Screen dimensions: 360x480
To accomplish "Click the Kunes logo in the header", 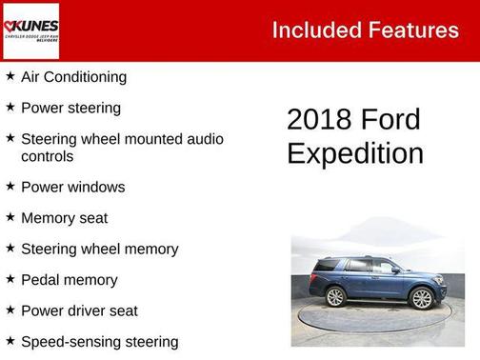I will [30, 30].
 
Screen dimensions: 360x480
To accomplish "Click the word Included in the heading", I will [310, 30].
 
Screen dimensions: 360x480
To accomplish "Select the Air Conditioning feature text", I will [73, 77].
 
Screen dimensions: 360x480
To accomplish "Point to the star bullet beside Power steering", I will [10, 108].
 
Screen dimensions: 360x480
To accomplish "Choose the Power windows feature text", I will [72, 187].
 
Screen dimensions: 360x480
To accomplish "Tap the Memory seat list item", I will [64, 218].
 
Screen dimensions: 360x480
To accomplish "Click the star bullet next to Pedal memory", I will [10, 279].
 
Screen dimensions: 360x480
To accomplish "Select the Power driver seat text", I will [79, 310].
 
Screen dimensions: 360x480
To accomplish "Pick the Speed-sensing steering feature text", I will [99, 341].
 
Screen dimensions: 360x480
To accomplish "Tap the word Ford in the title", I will [391, 119].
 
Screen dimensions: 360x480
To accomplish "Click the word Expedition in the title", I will [355, 153].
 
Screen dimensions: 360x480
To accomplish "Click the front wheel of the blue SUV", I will [420, 298].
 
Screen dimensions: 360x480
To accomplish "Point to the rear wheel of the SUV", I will [336, 296].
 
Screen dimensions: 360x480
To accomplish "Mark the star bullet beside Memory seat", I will [10, 217].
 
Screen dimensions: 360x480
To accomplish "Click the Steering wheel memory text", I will [99, 249].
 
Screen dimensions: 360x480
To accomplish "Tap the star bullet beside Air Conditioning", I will [10, 76].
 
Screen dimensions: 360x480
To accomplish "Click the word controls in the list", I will [47, 156].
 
